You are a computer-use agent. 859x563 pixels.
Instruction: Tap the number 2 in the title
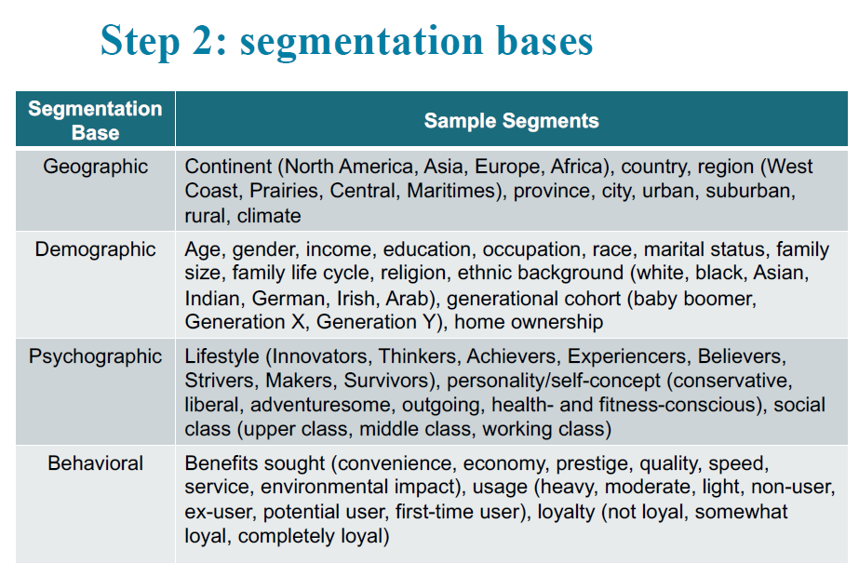(202, 41)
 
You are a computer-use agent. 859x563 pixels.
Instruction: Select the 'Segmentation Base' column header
(95, 120)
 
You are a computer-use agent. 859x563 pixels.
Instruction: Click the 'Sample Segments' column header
(512, 120)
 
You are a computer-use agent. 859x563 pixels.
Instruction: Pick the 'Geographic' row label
(95, 167)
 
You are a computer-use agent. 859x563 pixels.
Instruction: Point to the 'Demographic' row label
(95, 249)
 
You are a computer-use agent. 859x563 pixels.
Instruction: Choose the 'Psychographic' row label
(95, 356)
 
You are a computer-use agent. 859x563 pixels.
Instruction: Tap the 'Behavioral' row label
(95, 463)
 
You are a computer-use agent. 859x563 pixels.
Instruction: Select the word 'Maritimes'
(451, 191)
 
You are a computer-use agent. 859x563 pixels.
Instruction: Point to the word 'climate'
(269, 216)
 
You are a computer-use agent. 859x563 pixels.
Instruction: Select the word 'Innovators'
(320, 356)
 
